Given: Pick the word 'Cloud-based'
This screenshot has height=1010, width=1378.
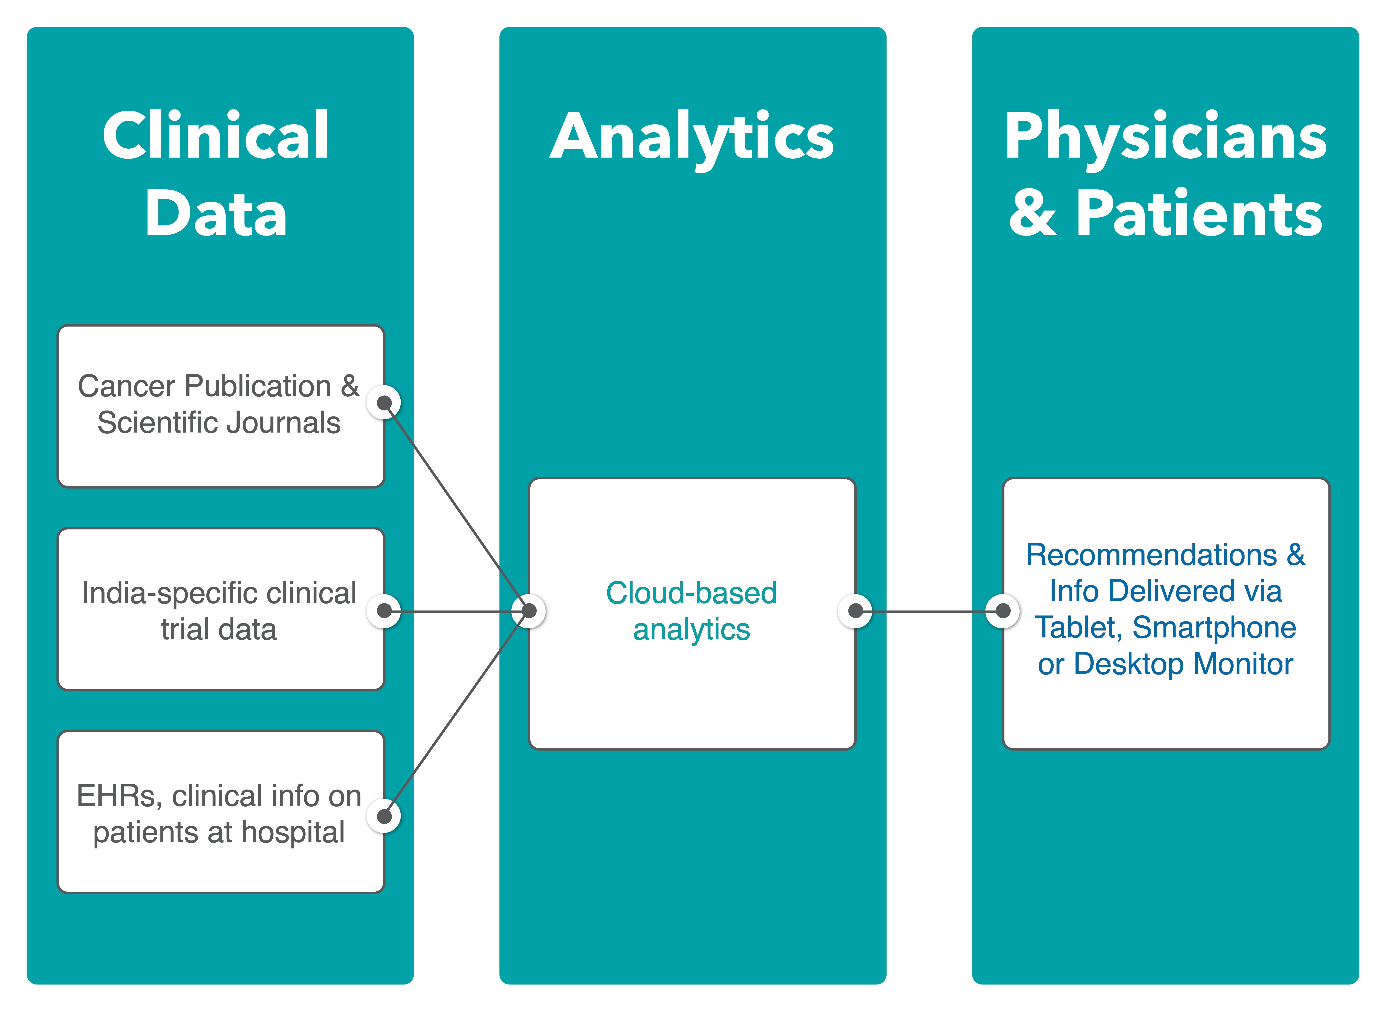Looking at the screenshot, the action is tap(691, 593).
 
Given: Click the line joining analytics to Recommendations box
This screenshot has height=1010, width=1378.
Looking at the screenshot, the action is tap(929, 611).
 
